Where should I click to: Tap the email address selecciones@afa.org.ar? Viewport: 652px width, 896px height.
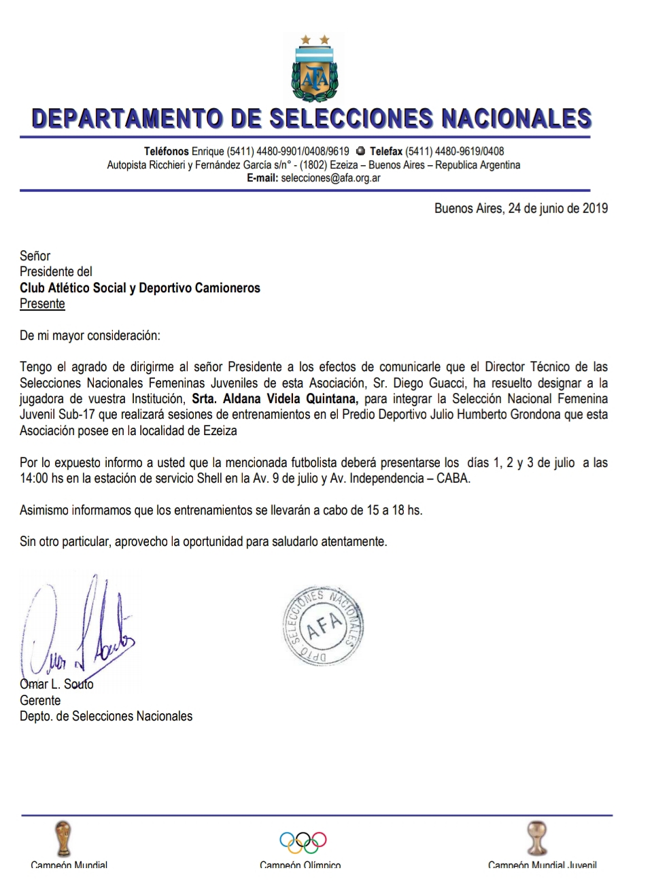click(x=330, y=178)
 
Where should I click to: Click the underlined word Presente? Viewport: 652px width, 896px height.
click(x=42, y=304)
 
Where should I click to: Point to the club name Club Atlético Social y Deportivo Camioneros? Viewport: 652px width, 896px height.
click(x=140, y=288)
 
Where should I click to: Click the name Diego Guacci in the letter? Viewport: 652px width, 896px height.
click(x=428, y=383)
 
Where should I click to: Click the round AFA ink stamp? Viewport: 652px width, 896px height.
click(x=323, y=625)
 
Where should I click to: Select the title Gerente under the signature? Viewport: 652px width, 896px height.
click(x=40, y=700)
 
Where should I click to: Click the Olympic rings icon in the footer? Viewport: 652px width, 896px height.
click(x=303, y=842)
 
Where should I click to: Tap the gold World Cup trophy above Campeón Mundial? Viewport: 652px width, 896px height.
click(x=63, y=838)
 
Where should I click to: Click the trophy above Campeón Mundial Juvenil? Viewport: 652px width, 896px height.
click(x=537, y=838)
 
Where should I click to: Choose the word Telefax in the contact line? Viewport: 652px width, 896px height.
click(x=385, y=152)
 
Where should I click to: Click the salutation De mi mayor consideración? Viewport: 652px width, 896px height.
click(x=90, y=336)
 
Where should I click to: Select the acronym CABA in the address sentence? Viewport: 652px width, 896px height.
click(x=454, y=479)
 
